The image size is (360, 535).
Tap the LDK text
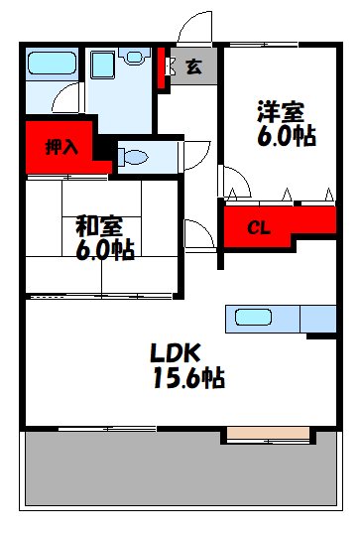pos(177,352)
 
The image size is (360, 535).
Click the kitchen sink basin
pos(254,318)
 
